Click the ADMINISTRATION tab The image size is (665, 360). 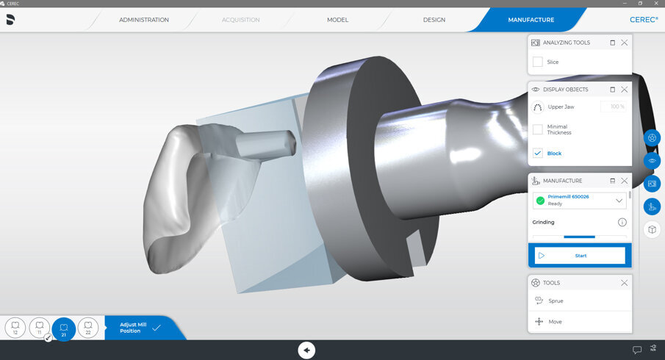click(144, 20)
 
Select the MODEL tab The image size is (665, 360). click(337, 20)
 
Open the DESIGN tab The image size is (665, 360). click(434, 20)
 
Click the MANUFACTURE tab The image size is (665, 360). click(531, 20)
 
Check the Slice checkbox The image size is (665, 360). click(538, 62)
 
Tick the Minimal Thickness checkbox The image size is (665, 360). click(538, 129)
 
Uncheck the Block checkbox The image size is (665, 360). click(538, 153)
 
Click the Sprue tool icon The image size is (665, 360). click(539, 300)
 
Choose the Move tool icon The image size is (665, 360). click(539, 322)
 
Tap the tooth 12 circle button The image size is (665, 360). click(15, 328)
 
